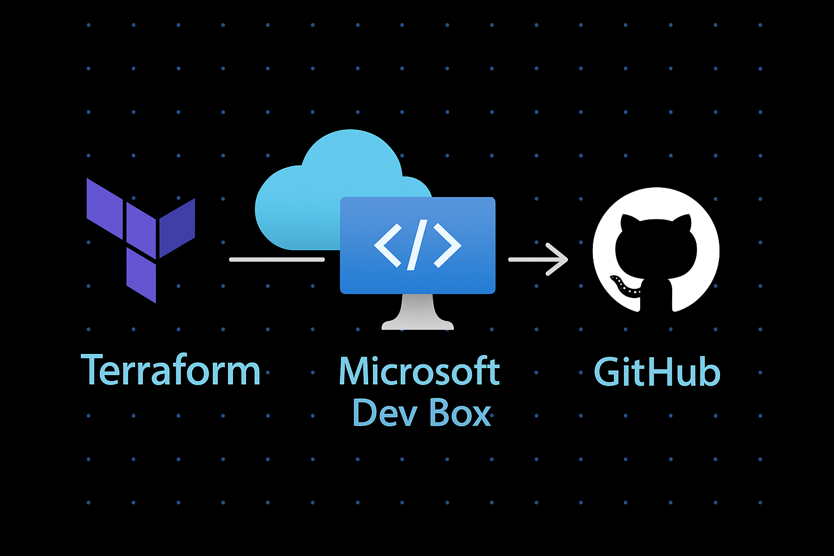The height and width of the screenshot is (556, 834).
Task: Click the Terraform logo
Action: click(140, 239)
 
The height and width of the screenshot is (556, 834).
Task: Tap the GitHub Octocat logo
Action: click(656, 251)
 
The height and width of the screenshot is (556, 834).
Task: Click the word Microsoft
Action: click(419, 371)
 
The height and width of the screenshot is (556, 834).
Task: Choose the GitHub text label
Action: click(657, 372)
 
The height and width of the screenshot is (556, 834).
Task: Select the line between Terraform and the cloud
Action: click(277, 260)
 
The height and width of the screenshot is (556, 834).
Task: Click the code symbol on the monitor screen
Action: click(418, 244)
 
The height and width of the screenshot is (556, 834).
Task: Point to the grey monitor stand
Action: click(418, 314)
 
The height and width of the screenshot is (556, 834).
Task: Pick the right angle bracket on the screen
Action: click(447, 244)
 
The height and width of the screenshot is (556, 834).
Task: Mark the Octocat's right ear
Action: click(684, 223)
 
